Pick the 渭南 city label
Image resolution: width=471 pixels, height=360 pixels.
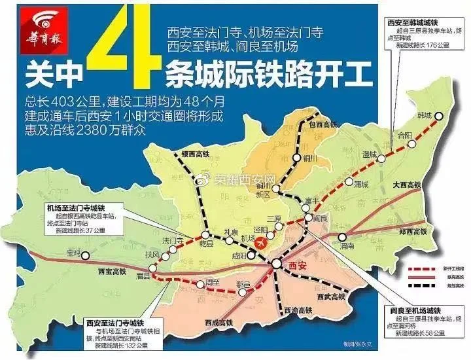click(x=347, y=245)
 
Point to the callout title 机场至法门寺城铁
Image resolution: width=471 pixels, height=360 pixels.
click(x=82, y=207)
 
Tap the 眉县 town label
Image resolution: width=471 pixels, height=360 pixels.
click(x=143, y=277)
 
